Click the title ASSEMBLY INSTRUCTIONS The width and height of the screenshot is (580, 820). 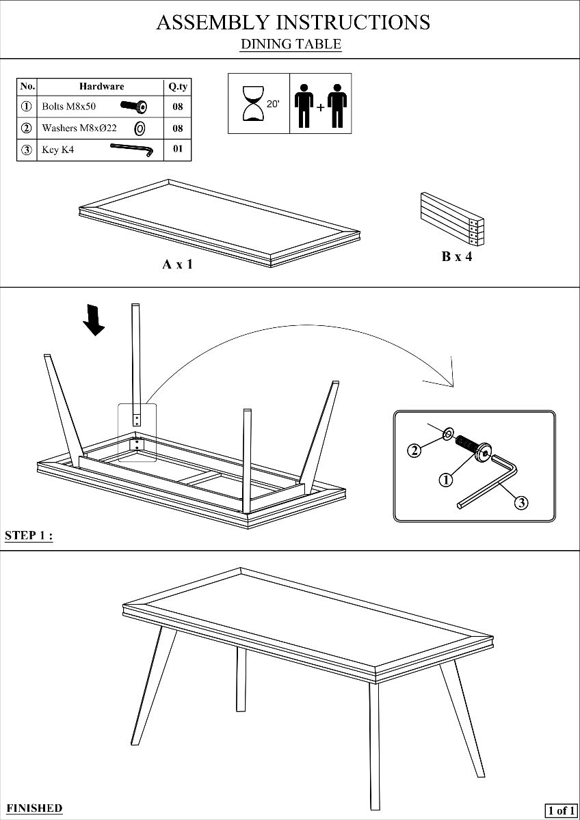point(293,22)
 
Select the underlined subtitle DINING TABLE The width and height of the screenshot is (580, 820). point(291,44)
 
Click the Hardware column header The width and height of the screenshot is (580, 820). point(101,86)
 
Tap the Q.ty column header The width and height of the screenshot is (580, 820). point(178,86)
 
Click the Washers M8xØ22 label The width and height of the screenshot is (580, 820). point(79,128)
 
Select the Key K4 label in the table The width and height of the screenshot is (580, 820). point(58,150)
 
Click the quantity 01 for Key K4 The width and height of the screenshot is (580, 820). point(178,149)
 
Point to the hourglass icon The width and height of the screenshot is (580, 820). point(253,103)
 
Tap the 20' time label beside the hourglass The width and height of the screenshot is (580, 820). point(274,105)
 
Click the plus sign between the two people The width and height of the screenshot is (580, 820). point(320,107)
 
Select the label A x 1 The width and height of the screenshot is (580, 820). point(177,264)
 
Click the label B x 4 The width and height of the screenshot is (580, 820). point(456,257)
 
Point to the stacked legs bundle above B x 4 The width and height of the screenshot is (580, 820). point(451,217)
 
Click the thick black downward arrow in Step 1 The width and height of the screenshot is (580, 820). point(93,319)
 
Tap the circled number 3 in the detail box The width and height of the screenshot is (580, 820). point(520,503)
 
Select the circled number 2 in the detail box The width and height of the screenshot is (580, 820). point(414,450)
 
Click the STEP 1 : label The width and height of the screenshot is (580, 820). point(29,535)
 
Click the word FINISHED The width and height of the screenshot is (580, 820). point(34,808)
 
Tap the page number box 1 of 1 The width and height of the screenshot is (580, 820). point(560,810)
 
